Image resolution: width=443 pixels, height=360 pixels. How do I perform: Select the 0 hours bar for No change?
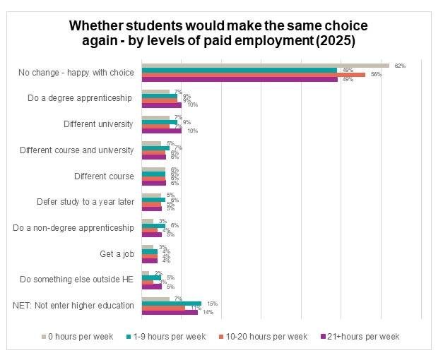(x=265, y=66)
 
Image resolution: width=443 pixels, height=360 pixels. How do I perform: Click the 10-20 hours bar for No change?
(x=253, y=75)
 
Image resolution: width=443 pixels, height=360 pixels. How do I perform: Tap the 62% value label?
(x=399, y=66)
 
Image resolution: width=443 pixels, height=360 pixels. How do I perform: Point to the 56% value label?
(x=376, y=75)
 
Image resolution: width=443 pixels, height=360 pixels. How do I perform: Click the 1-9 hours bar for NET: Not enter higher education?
(x=171, y=303)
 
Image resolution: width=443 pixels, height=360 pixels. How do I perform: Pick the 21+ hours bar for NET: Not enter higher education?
(x=170, y=312)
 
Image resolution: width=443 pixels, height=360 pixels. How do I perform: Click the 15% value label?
(x=211, y=303)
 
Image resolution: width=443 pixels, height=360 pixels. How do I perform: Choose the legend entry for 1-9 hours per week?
(x=167, y=337)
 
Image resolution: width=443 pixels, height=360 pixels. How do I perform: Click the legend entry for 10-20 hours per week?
(x=262, y=337)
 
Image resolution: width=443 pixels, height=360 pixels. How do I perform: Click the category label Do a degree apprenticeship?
(x=81, y=98)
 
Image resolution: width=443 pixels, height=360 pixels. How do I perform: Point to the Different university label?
(x=98, y=124)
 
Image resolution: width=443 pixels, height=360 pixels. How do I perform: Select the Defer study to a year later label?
(x=85, y=202)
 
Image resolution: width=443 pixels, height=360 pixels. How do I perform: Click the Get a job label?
(x=117, y=253)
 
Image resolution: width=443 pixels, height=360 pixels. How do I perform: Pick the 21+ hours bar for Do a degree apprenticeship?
(x=162, y=105)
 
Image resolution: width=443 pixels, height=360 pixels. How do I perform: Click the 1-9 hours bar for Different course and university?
(x=155, y=148)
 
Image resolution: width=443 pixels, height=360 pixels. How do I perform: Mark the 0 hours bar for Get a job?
(x=148, y=247)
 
